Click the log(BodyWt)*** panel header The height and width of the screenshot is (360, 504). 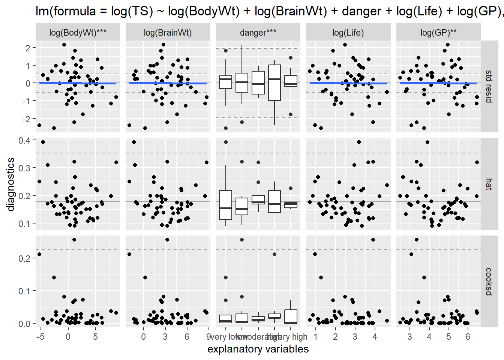tap(78, 33)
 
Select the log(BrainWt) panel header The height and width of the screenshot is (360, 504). tap(168, 33)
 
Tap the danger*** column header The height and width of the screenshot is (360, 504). tap(258, 33)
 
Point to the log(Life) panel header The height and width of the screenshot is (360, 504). tap(348, 33)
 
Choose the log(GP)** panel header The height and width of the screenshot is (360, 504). tap(438, 33)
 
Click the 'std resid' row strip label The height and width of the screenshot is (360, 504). tap(489, 86)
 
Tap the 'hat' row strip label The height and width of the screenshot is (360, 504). tap(489, 184)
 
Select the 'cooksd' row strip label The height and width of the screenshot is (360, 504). tap(489, 281)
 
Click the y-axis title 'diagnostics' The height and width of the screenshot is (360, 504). tap(10, 184)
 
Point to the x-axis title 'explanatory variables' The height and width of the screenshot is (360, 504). tap(258, 349)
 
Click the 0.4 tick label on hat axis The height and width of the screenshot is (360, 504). tap(25, 141)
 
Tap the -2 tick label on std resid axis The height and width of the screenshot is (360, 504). tap(25, 119)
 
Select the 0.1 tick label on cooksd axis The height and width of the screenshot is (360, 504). tap(25, 291)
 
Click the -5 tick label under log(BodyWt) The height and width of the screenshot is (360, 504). tap(40, 337)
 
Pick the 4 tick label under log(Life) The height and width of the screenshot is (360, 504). tap(374, 337)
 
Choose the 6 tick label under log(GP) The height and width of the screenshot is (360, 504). tap(468, 337)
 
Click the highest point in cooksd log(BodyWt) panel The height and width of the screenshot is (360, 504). tap(74, 240)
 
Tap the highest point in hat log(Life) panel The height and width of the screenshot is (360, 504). tap(359, 142)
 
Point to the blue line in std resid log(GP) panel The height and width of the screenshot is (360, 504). tap(438, 83)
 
